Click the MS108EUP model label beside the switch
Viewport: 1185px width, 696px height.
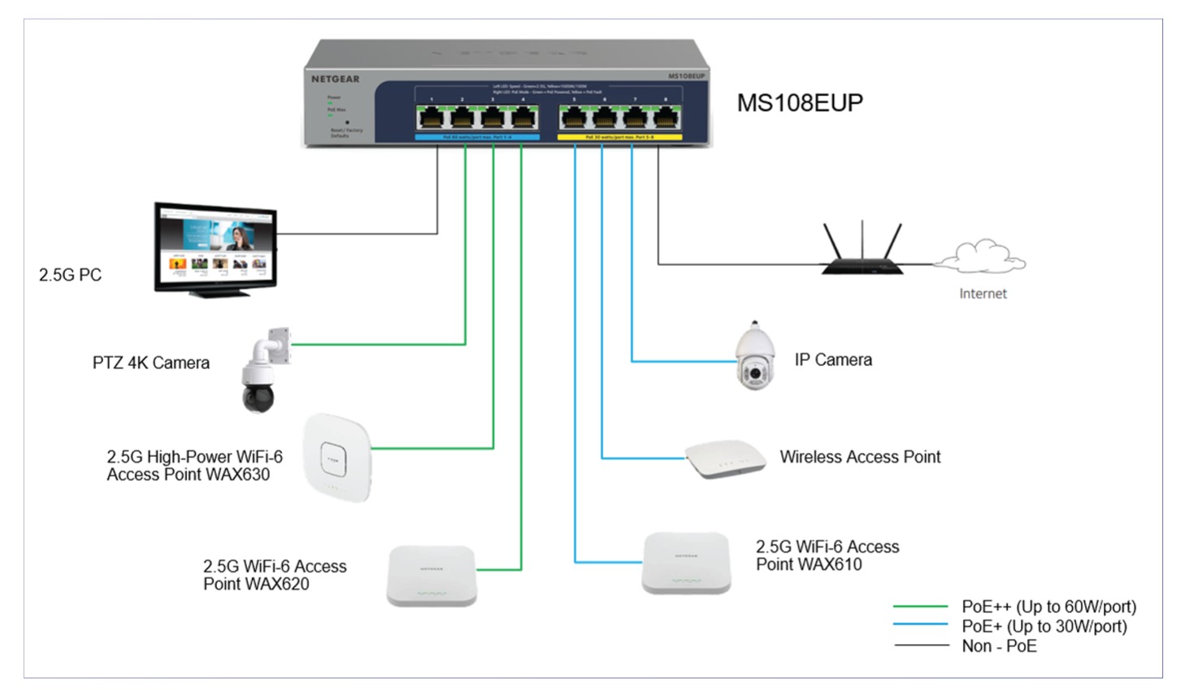pos(800,103)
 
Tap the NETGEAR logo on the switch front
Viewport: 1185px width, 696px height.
pos(335,79)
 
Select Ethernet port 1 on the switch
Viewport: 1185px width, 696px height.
pos(432,119)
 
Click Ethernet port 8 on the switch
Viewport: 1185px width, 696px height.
pos(666,119)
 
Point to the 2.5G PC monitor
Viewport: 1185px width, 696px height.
pos(215,248)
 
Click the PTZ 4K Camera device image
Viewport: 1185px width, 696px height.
pos(264,371)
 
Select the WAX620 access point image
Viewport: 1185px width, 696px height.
pos(432,575)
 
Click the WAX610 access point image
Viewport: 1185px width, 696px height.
pos(687,563)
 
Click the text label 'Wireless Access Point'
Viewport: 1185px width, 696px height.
pos(860,457)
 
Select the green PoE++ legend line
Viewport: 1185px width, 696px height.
pos(920,607)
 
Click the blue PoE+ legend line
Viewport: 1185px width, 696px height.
pos(920,625)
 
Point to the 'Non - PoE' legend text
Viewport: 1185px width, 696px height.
pos(999,646)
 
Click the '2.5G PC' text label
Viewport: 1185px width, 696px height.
pos(71,275)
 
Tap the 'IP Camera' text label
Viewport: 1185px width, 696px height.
pos(833,359)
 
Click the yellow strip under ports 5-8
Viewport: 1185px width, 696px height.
pos(620,137)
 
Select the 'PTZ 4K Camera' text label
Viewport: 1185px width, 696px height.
pos(151,363)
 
